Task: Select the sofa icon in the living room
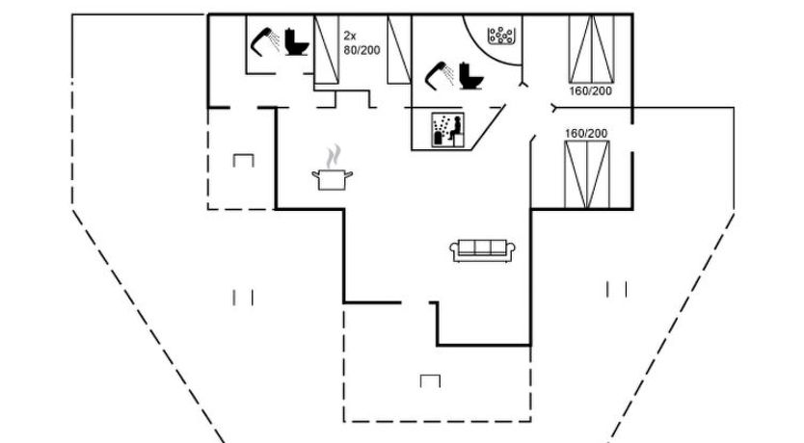(480, 249)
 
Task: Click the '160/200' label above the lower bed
(586, 133)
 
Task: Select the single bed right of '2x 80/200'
(396, 50)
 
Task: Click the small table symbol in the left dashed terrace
(243, 160)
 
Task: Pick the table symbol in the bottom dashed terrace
(430, 380)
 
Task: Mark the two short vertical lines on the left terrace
(243, 298)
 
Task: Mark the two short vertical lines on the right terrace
(617, 288)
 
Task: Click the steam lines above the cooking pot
(334, 156)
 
